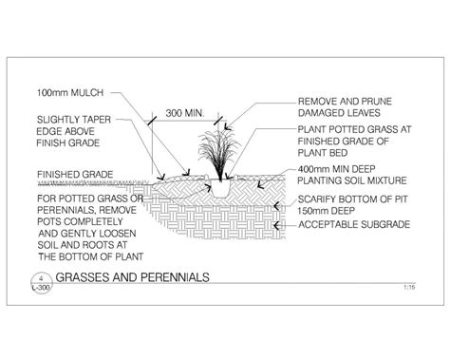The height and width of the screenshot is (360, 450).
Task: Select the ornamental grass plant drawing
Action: pyautogui.click(x=219, y=153)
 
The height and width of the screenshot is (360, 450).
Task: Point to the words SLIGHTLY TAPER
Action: pyautogui.click(x=70, y=121)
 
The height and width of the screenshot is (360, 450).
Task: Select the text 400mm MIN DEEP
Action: pyautogui.click(x=336, y=167)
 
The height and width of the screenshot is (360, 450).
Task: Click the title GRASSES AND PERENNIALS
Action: pyautogui.click(x=132, y=279)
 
